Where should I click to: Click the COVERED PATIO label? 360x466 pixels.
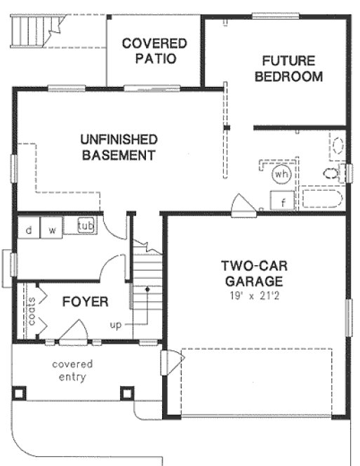(x=154, y=51)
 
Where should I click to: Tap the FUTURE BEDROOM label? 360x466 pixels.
(x=288, y=69)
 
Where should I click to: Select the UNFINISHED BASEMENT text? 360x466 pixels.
(x=119, y=147)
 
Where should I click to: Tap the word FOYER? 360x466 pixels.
(x=85, y=302)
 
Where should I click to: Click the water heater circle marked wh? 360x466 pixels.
(x=282, y=173)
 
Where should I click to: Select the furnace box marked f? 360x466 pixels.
(x=283, y=201)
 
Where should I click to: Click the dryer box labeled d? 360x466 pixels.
(x=29, y=229)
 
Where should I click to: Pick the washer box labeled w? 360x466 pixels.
(x=51, y=229)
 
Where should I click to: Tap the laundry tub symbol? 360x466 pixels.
(x=86, y=226)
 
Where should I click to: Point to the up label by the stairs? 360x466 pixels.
(x=116, y=325)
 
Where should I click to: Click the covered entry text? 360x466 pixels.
(x=72, y=371)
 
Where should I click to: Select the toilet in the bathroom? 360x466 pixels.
(x=332, y=172)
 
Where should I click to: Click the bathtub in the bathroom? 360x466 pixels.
(x=321, y=199)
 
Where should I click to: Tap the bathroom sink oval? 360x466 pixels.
(x=338, y=146)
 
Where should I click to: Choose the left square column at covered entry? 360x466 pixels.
(x=19, y=393)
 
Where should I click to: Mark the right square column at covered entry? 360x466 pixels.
(x=126, y=393)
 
